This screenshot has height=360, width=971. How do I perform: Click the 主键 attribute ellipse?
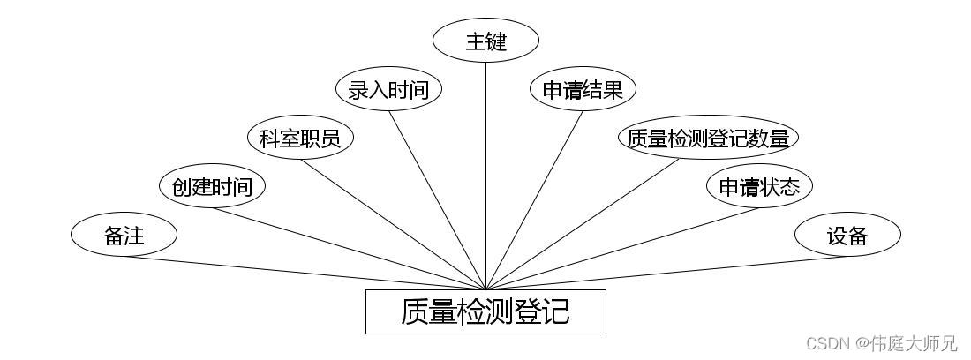(485, 41)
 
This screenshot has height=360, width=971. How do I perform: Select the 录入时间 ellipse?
(388, 89)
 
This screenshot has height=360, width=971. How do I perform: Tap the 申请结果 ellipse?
(583, 89)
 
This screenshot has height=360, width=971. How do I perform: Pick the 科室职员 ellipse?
(300, 138)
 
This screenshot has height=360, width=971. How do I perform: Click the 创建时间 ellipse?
(212, 186)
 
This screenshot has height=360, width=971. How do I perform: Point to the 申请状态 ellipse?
(759, 186)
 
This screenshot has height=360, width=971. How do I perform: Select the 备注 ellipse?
(124, 236)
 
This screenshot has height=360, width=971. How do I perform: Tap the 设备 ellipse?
(847, 236)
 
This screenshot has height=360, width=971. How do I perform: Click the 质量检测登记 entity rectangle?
(485, 311)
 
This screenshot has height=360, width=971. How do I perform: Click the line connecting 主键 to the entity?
(485, 176)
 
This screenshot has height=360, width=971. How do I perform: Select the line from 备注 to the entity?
(305, 273)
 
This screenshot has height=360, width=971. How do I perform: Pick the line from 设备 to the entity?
(666, 273)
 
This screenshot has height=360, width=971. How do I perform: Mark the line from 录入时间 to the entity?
(437, 199)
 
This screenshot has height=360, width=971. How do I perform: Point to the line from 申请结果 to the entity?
(534, 199)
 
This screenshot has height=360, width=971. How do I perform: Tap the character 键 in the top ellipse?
(498, 41)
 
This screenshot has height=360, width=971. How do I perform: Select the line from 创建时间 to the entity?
(349, 248)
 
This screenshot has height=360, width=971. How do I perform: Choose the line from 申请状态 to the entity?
(622, 248)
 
